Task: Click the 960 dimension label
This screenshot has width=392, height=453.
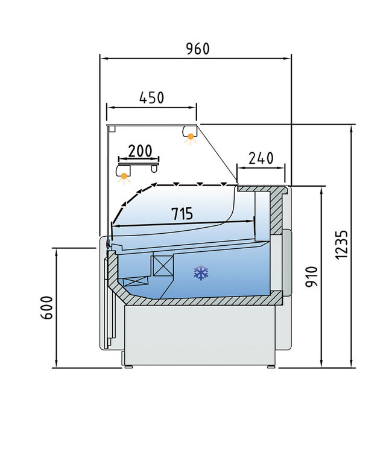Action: point(197,49)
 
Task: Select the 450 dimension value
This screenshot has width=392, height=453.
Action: point(151,97)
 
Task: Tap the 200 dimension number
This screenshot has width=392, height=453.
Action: point(140,150)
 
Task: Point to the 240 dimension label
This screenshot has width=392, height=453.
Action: point(261,158)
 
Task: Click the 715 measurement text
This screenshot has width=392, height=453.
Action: point(182,213)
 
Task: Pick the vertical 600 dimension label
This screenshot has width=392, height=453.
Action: point(49,307)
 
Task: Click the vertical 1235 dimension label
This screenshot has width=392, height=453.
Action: point(343,245)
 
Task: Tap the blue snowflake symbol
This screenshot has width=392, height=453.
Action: point(201,273)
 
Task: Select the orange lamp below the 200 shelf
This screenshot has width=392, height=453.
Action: point(125,176)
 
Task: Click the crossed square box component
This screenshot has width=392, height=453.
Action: point(162,266)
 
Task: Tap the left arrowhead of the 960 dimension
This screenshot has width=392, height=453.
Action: point(103,59)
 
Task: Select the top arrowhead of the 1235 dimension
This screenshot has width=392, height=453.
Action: point(352,127)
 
